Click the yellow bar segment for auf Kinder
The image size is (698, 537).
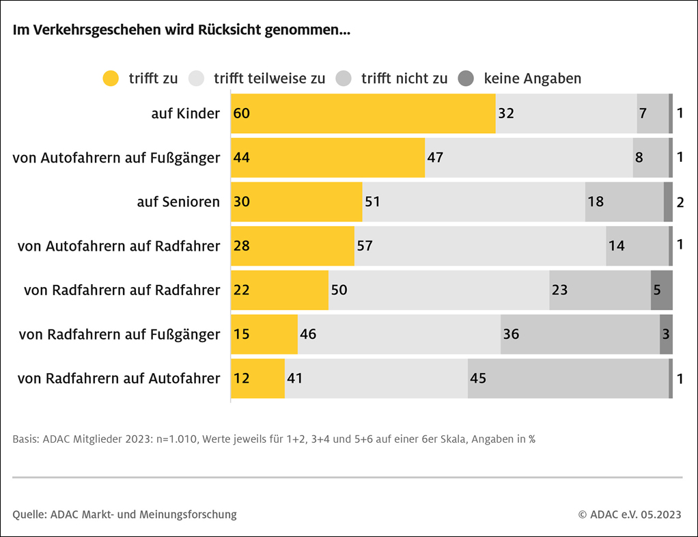pyautogui.click(x=363, y=113)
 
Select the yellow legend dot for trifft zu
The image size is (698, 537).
pyautogui.click(x=111, y=79)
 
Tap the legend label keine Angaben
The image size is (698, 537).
pyautogui.click(x=532, y=79)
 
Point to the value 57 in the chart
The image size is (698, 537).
pyautogui.click(x=365, y=246)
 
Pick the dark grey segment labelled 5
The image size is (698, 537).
pyautogui.click(x=661, y=290)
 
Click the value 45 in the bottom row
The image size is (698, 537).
pyautogui.click(x=478, y=378)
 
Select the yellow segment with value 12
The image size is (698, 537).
pyautogui.click(x=258, y=378)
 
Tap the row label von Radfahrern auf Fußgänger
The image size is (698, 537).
pyautogui.click(x=120, y=334)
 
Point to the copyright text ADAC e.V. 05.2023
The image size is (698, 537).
pyautogui.click(x=629, y=514)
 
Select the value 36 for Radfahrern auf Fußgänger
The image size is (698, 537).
pyautogui.click(x=511, y=334)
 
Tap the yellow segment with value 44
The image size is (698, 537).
pyautogui.click(x=328, y=158)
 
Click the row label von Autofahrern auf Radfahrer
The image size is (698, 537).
pyautogui.click(x=119, y=246)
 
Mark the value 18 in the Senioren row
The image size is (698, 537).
pyautogui.click(x=596, y=202)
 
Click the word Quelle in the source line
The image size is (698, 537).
pyautogui.click(x=29, y=514)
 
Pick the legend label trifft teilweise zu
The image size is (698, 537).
pyautogui.click(x=269, y=79)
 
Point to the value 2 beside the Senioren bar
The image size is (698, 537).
pyautogui.click(x=680, y=202)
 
